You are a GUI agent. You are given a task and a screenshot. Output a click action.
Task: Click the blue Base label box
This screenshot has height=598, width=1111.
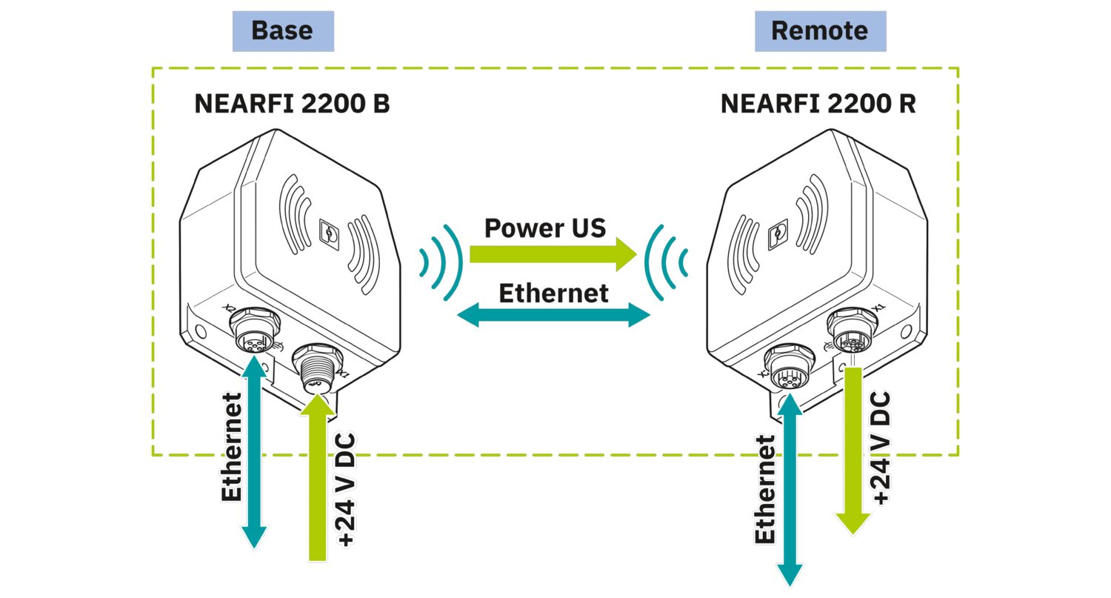283,31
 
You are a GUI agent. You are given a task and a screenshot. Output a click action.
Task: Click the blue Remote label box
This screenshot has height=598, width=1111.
820,31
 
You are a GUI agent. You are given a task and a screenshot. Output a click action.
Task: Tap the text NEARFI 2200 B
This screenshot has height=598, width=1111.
292,104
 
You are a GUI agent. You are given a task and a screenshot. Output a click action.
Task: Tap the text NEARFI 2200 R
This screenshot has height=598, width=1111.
818,104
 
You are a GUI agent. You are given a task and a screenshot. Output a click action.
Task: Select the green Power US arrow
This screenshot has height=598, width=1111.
552,256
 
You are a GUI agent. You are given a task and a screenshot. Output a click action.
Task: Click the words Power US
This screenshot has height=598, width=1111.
545,227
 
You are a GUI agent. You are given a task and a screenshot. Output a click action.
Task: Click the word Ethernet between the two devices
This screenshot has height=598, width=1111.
553,293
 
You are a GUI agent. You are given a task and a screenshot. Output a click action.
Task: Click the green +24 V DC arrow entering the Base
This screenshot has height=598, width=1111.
318,482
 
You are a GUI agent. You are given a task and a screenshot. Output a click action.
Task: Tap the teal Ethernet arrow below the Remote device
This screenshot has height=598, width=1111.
790,489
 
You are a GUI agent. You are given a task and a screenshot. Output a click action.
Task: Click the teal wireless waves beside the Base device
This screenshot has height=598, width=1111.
438,262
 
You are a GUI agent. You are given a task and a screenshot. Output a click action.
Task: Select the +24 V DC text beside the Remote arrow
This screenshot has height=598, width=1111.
881,448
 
